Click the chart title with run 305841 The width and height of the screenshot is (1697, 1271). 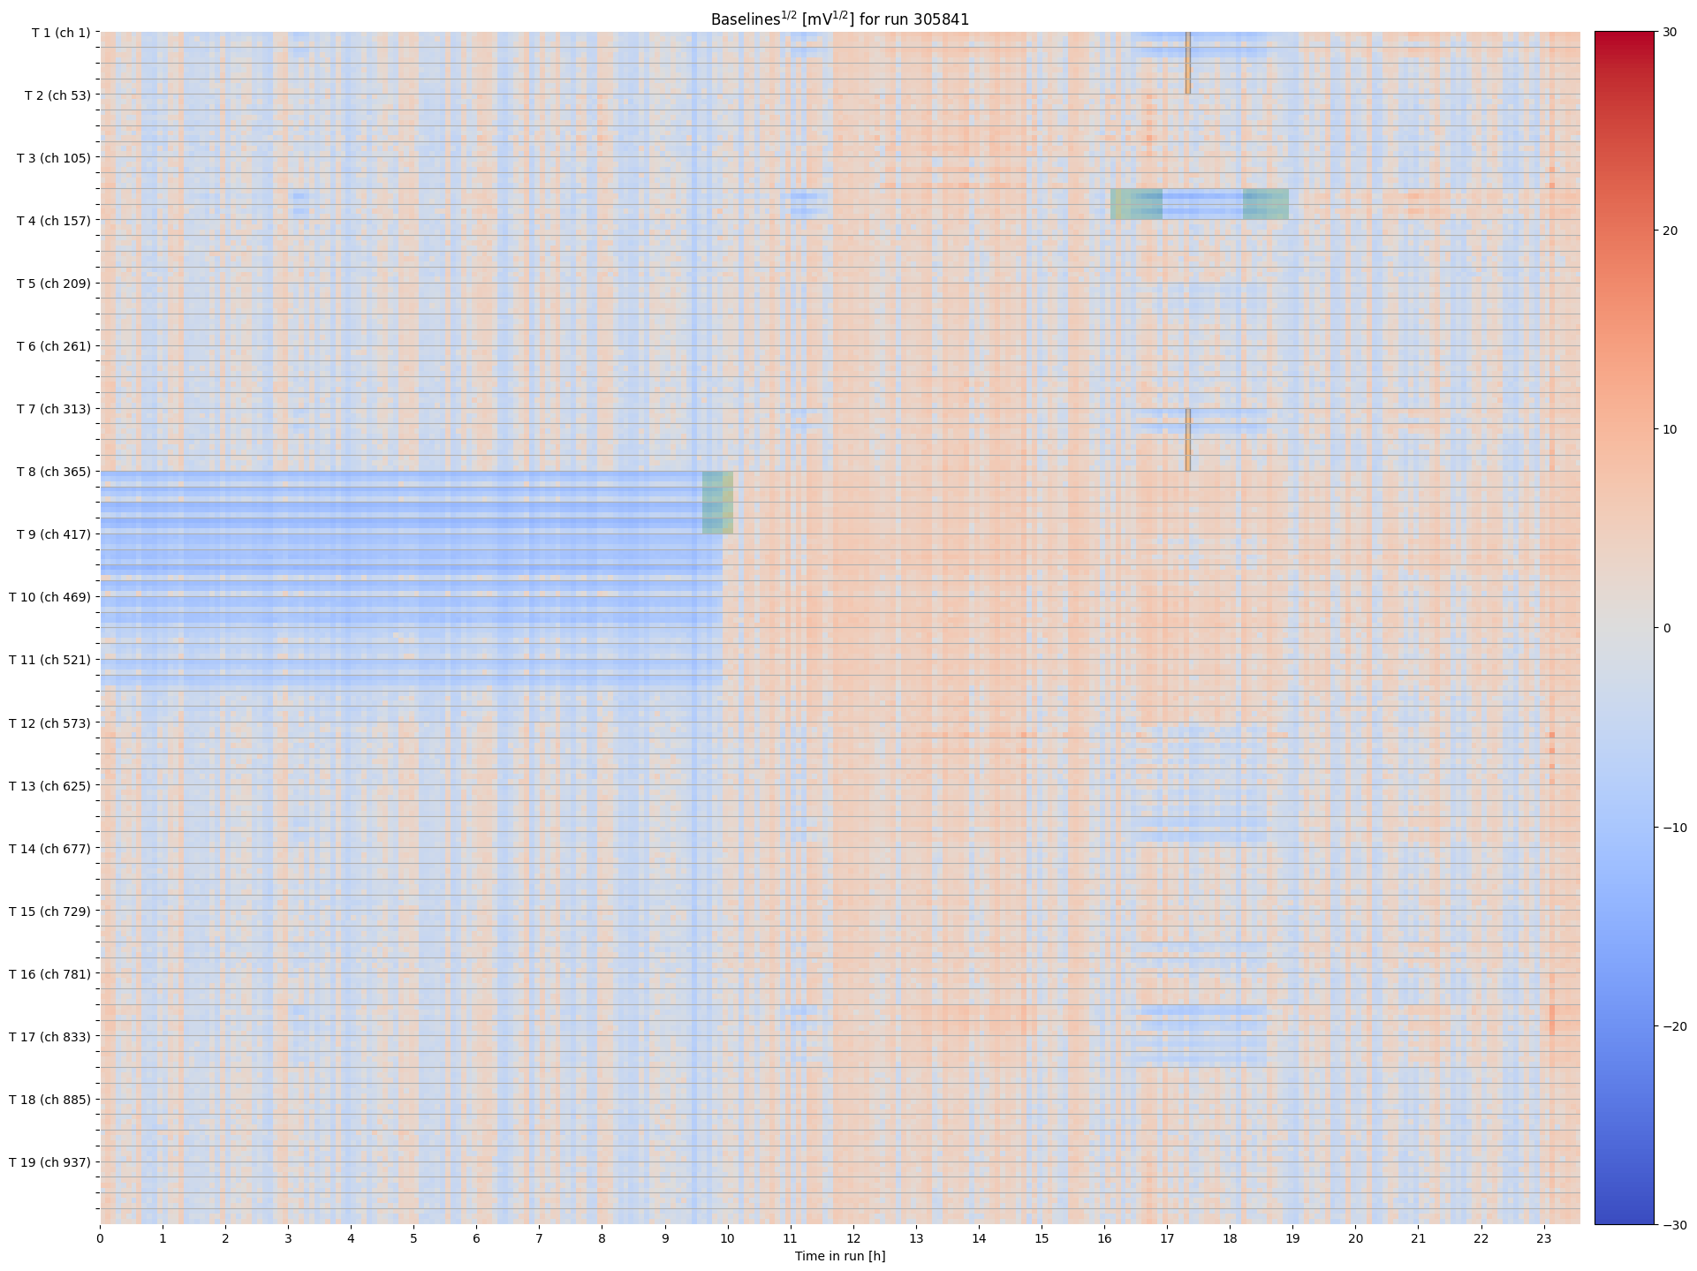[839, 19]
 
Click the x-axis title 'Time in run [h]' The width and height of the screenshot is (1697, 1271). [839, 1256]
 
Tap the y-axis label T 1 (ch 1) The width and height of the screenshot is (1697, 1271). [61, 33]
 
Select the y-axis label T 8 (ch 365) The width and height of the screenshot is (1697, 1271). [53, 472]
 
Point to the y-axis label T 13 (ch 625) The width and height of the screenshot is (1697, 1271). [50, 785]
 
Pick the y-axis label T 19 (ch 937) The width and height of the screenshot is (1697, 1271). [50, 1161]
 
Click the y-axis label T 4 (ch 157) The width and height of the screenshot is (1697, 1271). [53, 220]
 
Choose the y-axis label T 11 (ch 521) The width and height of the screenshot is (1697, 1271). [50, 660]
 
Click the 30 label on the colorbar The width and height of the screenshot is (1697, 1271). [1669, 32]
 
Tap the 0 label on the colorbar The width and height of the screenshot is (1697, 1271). [1667, 628]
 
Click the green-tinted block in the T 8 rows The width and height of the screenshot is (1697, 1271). [717, 503]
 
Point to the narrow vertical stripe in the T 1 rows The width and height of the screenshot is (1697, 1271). [1188, 63]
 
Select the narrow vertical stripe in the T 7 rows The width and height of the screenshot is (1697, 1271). [1188, 440]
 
